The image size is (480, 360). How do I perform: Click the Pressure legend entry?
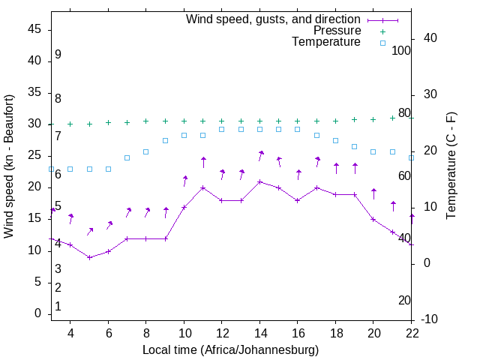(x=337, y=31)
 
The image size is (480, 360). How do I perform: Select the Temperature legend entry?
(x=326, y=43)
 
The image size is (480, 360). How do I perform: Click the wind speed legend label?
(x=273, y=19)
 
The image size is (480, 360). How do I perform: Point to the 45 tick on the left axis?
(x=34, y=29)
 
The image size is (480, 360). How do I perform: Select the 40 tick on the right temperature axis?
(x=430, y=38)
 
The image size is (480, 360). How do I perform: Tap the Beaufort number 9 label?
(x=58, y=55)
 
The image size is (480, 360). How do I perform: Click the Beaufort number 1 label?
(x=58, y=306)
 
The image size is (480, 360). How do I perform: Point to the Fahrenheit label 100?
(x=401, y=50)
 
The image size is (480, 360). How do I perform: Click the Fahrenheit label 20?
(x=404, y=300)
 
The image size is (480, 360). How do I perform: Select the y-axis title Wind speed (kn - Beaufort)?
(x=10, y=166)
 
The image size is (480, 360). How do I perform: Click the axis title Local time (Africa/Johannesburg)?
(x=230, y=350)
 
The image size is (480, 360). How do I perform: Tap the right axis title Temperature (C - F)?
(x=451, y=166)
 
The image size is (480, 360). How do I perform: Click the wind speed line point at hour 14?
(x=260, y=181)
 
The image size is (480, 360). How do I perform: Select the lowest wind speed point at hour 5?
(x=89, y=257)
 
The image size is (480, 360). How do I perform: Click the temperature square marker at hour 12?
(x=222, y=129)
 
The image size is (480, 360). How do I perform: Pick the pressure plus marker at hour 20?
(x=373, y=119)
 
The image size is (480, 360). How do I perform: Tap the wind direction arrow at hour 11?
(x=203, y=161)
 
